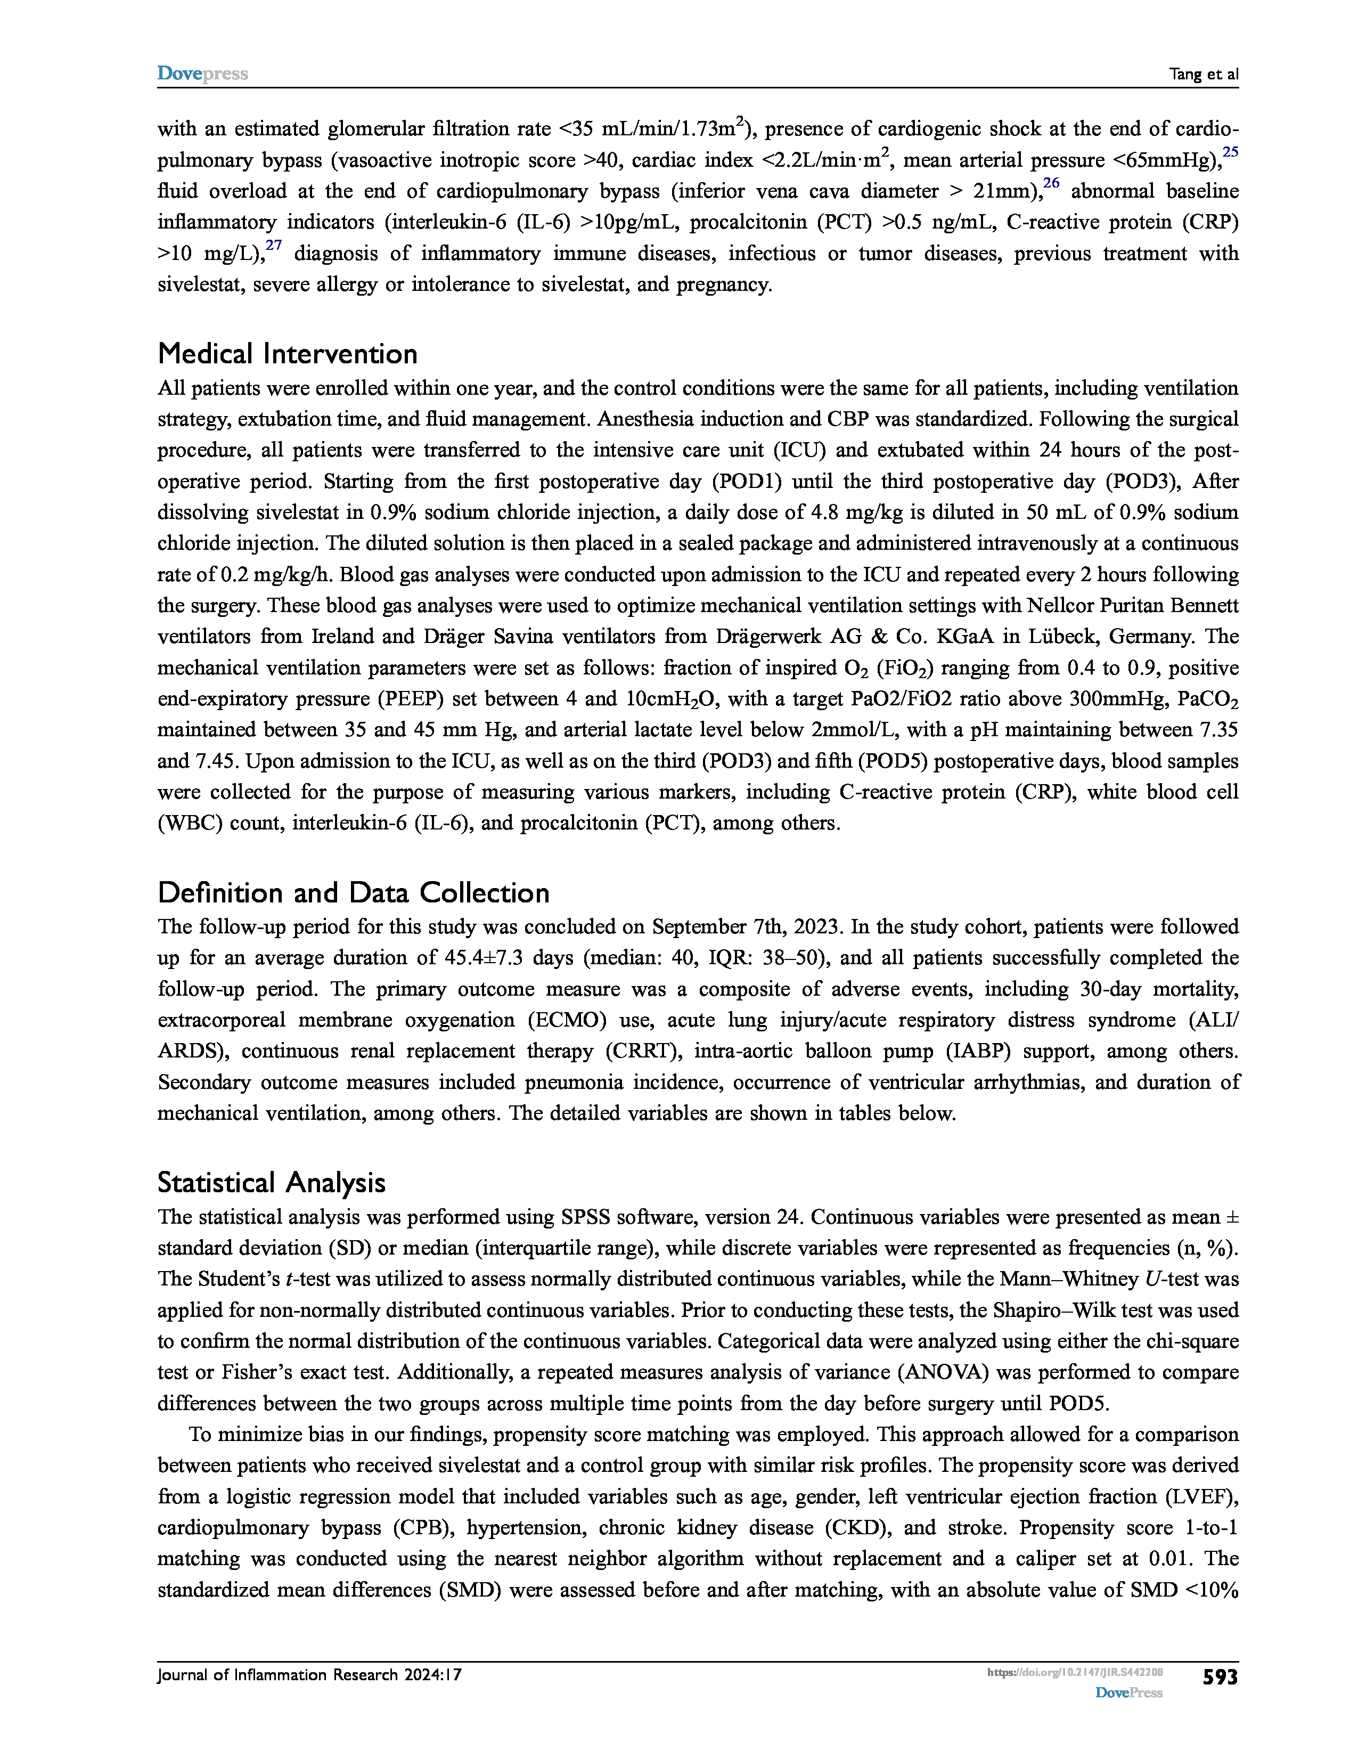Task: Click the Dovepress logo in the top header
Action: (202, 74)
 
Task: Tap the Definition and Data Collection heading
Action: (353, 893)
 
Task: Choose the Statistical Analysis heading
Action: (271, 1183)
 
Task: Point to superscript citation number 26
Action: (1051, 183)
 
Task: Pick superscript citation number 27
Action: (274, 245)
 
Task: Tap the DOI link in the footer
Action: (1075, 1673)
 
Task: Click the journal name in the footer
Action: (310, 1675)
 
